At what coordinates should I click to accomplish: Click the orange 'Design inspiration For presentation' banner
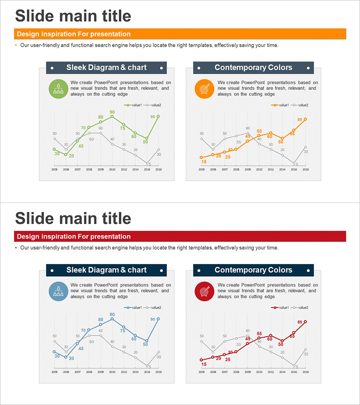click(180, 34)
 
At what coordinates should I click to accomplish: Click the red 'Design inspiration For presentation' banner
click(180, 237)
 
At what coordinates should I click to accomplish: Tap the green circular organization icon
click(58, 88)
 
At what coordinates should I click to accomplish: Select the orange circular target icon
click(204, 88)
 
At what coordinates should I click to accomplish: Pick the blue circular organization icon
click(58, 291)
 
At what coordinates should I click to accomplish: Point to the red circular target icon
click(204, 291)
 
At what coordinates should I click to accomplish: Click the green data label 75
click(122, 129)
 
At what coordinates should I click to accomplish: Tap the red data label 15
click(204, 364)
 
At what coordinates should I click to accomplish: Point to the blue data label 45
click(81, 348)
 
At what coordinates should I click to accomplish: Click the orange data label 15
click(204, 162)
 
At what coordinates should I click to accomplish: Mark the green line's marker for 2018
click(158, 116)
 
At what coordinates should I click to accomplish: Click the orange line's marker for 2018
click(306, 119)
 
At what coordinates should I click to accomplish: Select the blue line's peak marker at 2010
click(112, 319)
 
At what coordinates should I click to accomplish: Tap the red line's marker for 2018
click(306, 322)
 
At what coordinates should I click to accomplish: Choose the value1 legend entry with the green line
click(134, 105)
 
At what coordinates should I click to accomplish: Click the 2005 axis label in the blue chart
click(54, 372)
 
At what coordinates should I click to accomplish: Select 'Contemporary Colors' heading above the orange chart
click(253, 67)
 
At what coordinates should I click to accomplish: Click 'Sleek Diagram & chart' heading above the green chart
click(107, 67)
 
